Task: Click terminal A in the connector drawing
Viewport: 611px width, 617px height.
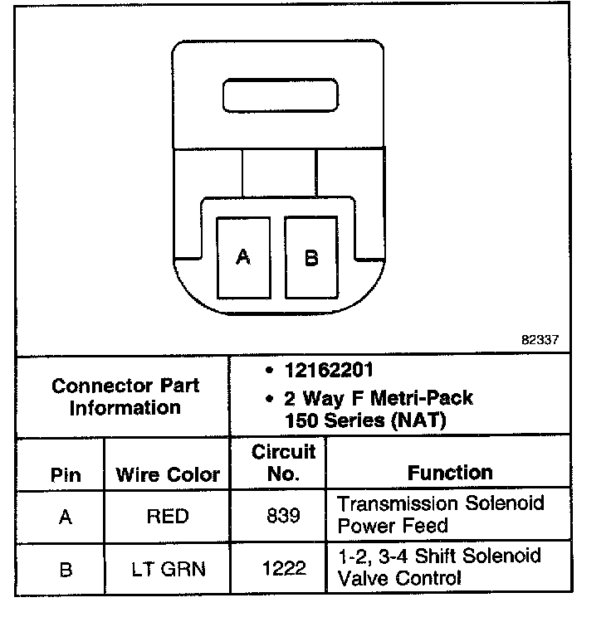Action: [243, 257]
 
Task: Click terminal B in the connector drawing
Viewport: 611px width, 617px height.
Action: [311, 257]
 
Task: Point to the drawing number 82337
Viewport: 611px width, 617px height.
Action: [540, 340]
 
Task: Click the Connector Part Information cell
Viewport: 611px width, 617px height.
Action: [125, 397]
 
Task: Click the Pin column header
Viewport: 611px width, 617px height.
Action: [66, 475]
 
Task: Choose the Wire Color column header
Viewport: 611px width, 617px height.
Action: [167, 475]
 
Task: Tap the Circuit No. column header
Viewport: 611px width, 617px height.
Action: [284, 463]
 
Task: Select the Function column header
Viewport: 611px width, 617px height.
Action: [450, 473]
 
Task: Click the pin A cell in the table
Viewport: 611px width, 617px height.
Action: [66, 517]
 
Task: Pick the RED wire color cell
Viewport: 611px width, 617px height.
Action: [167, 517]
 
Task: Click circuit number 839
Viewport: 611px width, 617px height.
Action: [284, 517]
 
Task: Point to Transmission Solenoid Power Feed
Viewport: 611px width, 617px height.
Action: [440, 514]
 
